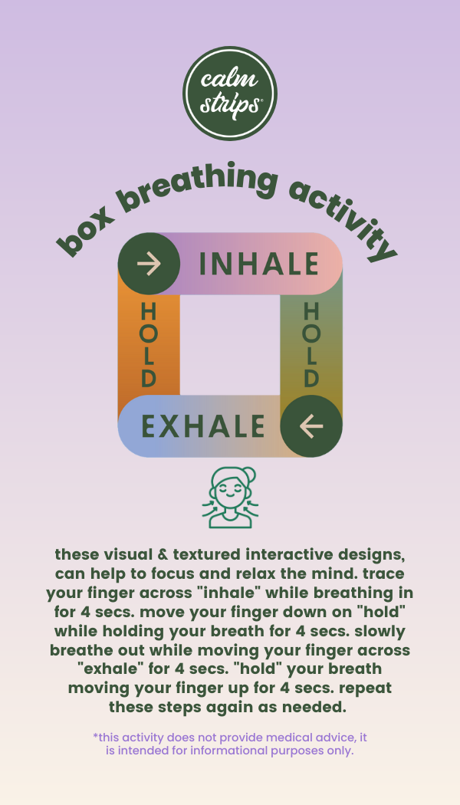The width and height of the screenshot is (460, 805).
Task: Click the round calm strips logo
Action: point(230,94)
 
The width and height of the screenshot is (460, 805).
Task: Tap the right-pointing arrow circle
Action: point(149,264)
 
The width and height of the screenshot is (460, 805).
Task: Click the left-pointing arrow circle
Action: point(310,426)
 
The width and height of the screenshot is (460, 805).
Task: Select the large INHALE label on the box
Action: point(259,264)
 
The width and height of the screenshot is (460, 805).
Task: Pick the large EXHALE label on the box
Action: point(203,426)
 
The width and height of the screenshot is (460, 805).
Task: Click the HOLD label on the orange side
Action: point(149,345)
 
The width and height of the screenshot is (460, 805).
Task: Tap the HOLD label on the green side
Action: point(311,345)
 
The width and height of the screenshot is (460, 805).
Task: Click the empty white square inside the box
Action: point(230,345)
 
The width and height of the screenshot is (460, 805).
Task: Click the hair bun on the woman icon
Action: point(248,475)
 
